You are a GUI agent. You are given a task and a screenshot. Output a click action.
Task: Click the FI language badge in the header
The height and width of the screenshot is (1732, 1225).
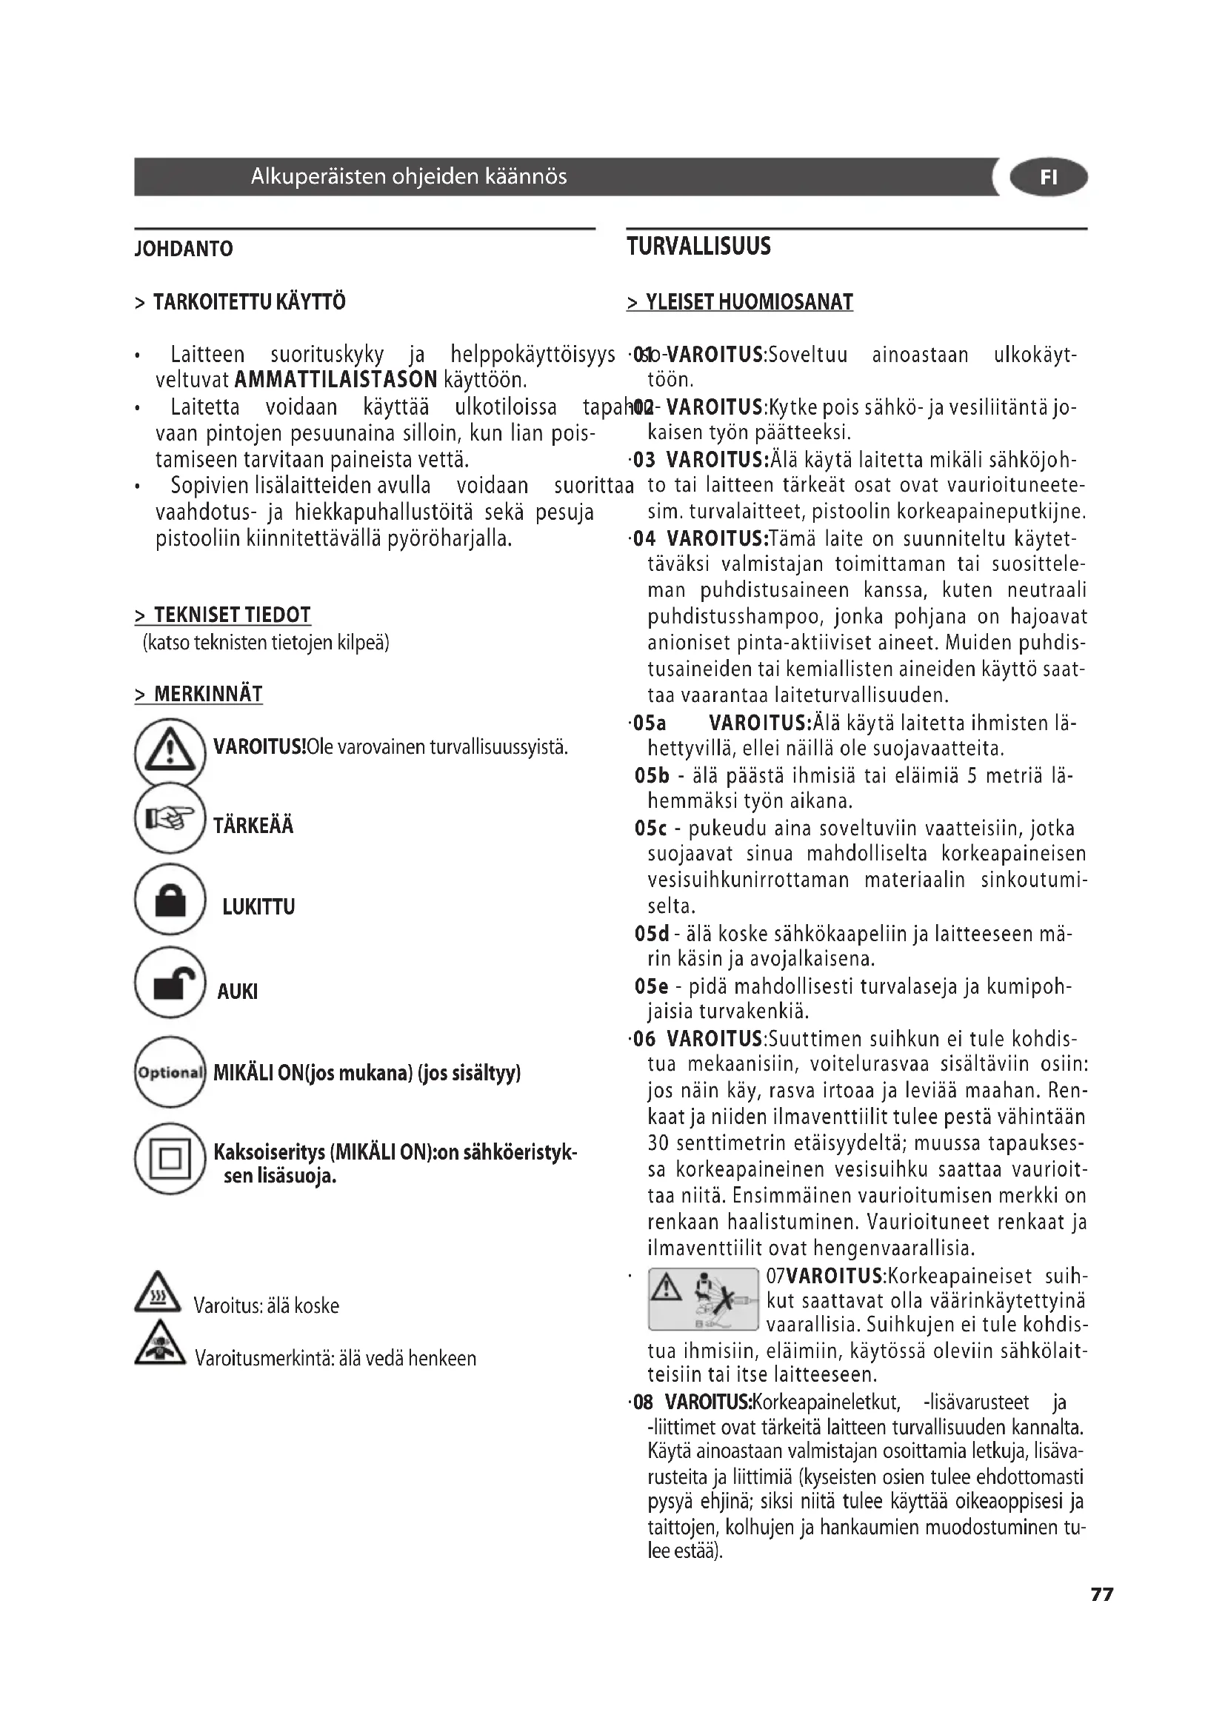1048,177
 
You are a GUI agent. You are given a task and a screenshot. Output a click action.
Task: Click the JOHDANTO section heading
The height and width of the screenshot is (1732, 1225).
183,249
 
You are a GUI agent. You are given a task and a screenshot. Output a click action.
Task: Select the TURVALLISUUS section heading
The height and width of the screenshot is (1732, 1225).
698,247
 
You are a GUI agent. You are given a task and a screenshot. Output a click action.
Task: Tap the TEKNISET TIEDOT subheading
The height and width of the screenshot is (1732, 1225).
223,615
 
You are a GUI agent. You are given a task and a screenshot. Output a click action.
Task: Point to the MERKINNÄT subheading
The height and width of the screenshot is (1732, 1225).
199,694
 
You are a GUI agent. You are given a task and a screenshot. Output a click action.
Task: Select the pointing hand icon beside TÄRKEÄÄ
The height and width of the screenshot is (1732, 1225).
170,818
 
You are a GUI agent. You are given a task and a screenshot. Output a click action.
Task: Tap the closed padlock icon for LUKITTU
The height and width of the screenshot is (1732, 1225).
170,900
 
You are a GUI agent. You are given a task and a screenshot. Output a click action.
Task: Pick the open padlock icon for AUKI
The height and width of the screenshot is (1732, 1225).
170,983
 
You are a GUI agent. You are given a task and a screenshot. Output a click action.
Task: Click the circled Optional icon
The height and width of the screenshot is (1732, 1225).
170,1072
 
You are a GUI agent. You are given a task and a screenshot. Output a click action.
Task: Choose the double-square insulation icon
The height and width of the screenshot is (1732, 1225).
170,1159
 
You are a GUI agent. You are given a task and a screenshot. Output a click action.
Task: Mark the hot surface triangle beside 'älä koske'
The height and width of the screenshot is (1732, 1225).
157,1292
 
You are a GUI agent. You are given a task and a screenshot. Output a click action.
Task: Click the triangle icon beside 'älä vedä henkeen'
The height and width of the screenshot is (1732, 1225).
159,1343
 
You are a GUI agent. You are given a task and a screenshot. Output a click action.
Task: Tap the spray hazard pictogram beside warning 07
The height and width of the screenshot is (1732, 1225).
702,1299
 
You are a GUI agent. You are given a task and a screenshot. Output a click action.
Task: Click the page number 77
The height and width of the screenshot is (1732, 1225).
1101,1594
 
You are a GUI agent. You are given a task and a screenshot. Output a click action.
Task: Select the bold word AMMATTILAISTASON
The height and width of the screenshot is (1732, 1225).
336,379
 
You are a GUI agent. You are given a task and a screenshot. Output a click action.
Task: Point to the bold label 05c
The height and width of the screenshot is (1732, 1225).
650,829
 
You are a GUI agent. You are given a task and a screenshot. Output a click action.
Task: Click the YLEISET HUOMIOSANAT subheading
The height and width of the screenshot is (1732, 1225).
740,303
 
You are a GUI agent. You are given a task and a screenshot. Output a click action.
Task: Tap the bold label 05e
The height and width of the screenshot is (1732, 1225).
651,986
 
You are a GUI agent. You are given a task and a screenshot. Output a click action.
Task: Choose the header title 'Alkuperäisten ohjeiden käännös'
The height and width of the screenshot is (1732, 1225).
408,176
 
